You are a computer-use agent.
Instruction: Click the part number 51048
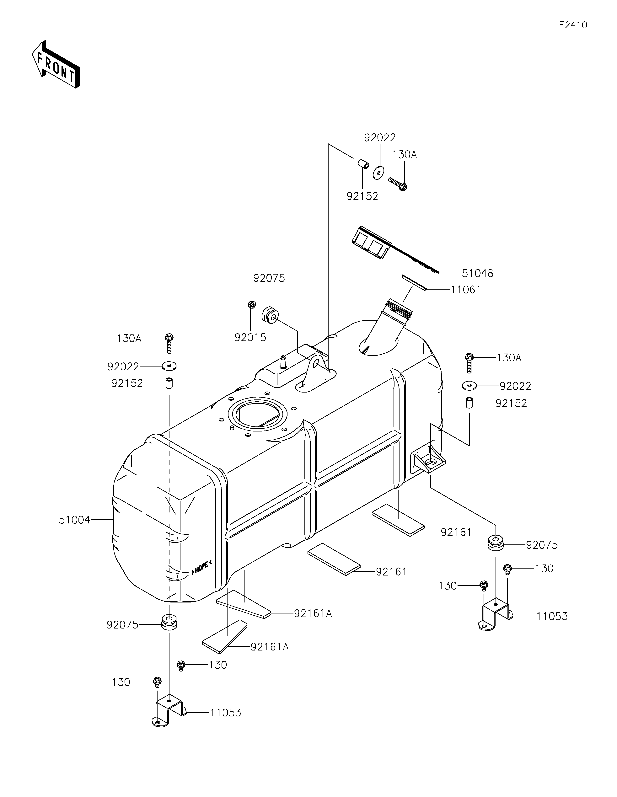pos(478,273)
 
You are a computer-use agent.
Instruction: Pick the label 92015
pos(250,338)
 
